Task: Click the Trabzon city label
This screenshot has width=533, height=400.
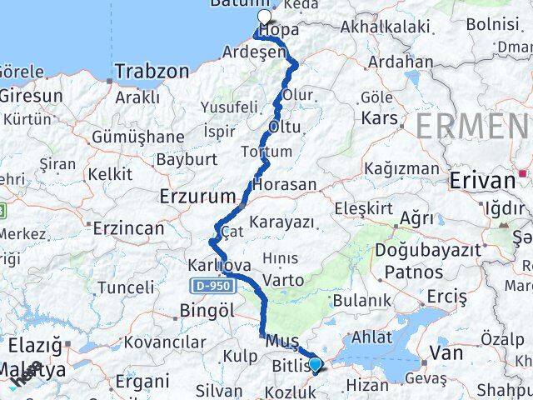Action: (152, 71)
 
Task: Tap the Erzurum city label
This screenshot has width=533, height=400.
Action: (197, 197)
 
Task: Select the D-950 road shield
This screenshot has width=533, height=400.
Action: (211, 286)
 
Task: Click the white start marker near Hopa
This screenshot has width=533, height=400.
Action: (265, 17)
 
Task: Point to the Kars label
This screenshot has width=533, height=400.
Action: (379, 118)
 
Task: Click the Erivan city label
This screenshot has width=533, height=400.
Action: (482, 181)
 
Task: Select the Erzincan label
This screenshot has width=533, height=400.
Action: (128, 227)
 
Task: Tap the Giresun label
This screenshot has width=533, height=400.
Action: (31, 95)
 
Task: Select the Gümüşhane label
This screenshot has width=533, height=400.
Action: (138, 137)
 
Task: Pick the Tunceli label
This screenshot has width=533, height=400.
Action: (126, 287)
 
